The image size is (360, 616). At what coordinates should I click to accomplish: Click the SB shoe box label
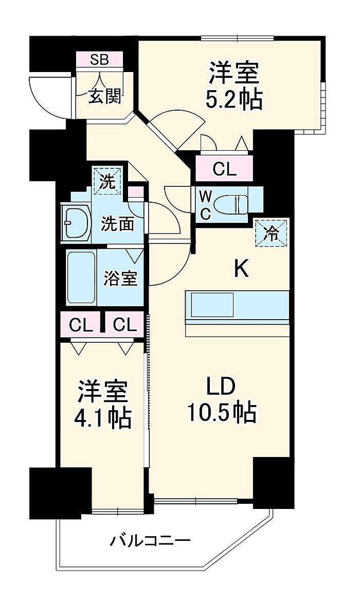(99, 60)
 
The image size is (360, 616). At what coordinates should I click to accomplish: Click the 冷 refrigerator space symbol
(271, 233)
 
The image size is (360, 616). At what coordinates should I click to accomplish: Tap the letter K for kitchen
(241, 270)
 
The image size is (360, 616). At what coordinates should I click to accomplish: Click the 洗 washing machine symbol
(108, 182)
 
